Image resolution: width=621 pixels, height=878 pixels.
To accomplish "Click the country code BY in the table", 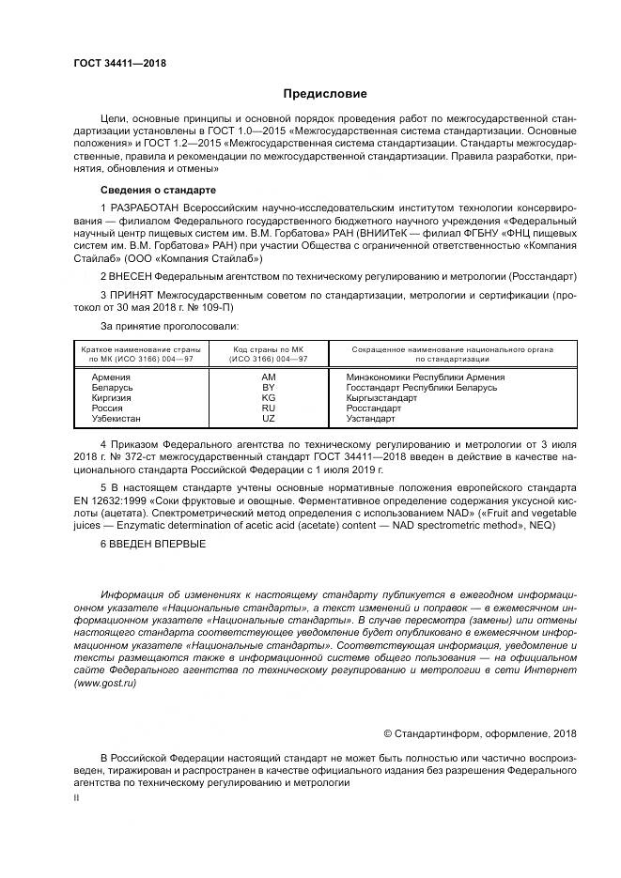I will [x=269, y=386].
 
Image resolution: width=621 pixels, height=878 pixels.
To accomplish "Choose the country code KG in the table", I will [x=269, y=397].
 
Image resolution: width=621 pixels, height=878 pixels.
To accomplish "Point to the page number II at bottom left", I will [x=77, y=797].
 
